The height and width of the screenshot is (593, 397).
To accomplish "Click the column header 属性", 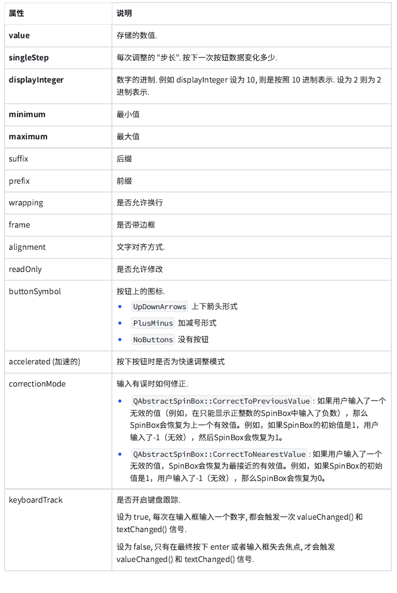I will point(16,13).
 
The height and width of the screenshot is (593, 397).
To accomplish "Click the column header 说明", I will point(124,13).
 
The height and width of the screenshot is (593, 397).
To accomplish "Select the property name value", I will point(19,36).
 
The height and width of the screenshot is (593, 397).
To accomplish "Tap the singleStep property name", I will point(29,58).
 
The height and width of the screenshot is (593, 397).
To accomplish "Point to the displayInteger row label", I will point(36,80).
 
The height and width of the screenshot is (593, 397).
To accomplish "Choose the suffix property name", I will point(19,159).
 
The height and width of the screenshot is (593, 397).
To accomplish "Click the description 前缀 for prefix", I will point(124,181).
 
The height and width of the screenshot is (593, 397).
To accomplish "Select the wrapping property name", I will point(26,203).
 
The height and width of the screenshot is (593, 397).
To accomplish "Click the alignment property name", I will point(27,247).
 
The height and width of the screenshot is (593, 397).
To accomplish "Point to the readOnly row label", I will point(25,269).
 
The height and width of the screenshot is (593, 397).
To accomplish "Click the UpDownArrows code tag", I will point(159,307).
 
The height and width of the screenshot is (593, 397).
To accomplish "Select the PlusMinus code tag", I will point(153,323).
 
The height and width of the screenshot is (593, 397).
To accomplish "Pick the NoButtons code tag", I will point(153,340).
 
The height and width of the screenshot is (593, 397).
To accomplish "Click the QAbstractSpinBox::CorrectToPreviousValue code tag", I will point(222,401).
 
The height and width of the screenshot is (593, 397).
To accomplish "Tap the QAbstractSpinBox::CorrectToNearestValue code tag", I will point(219,454).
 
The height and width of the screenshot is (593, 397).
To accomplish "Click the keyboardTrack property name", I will point(36,500).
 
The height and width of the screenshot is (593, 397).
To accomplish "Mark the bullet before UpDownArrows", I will point(120,307).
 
